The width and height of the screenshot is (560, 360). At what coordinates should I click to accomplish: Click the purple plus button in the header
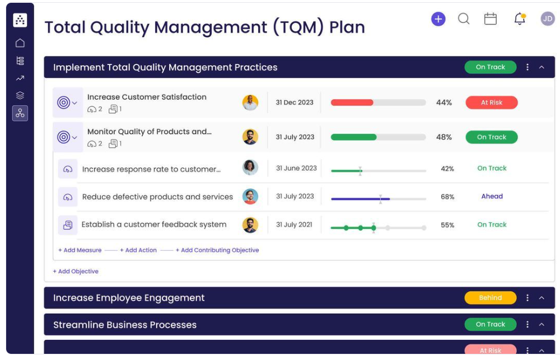pyautogui.click(x=438, y=19)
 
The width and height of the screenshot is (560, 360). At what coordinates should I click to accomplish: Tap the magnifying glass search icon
pyautogui.click(x=464, y=19)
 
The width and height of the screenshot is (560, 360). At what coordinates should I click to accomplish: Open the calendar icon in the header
pyautogui.click(x=491, y=19)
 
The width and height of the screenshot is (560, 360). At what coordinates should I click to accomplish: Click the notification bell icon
pyautogui.click(x=520, y=19)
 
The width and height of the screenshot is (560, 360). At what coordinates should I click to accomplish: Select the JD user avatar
pyautogui.click(x=547, y=19)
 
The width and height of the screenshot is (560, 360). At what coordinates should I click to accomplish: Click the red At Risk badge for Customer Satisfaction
pyautogui.click(x=492, y=102)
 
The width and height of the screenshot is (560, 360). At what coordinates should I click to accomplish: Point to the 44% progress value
pyautogui.click(x=444, y=102)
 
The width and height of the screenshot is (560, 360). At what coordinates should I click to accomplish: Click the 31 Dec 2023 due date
pyautogui.click(x=295, y=102)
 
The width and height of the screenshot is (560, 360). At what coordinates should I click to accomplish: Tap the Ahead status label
pyautogui.click(x=492, y=197)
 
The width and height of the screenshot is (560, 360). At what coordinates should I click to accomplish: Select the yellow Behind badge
pyautogui.click(x=490, y=298)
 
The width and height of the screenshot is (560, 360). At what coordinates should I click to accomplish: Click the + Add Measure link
pyautogui.click(x=80, y=250)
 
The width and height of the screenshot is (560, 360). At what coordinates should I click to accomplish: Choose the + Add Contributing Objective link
pyautogui.click(x=217, y=250)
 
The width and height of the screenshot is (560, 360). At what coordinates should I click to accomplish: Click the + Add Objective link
pyautogui.click(x=76, y=272)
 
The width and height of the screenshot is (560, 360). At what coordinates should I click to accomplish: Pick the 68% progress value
pyautogui.click(x=447, y=197)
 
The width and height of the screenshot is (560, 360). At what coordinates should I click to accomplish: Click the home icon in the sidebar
pyautogui.click(x=20, y=43)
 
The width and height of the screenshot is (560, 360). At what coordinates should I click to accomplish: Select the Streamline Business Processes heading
pyautogui.click(x=125, y=325)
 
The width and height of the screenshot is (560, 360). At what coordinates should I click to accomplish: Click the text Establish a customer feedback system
pyautogui.click(x=154, y=225)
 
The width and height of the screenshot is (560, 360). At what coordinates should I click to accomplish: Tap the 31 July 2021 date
pyautogui.click(x=294, y=225)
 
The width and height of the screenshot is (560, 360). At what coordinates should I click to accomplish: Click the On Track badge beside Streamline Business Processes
pyautogui.click(x=490, y=324)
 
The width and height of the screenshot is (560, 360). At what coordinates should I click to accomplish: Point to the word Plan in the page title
pyautogui.click(x=347, y=27)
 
